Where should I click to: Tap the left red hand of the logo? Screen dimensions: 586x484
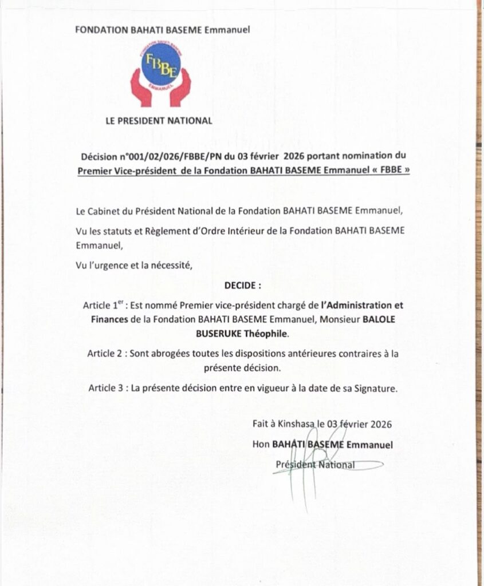point(141,88)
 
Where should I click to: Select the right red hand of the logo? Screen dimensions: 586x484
point(180,88)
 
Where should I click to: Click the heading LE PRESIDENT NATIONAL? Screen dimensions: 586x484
point(159,121)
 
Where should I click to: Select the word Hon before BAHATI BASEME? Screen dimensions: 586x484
point(261,444)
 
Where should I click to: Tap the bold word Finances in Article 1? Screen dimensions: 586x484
point(109,319)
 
